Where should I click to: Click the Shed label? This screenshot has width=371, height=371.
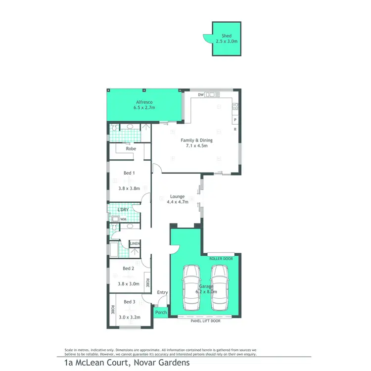point(227,36)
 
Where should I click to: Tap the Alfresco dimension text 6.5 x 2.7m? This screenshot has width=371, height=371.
point(144,107)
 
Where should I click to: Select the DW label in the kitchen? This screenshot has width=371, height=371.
point(200,94)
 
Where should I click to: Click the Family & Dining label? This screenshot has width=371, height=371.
point(196,140)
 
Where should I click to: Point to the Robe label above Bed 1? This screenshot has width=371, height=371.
point(131,148)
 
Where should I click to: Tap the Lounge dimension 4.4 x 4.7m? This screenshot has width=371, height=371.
point(178,201)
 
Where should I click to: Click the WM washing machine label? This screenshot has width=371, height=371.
point(123,219)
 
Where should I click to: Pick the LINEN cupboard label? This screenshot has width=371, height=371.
point(135,243)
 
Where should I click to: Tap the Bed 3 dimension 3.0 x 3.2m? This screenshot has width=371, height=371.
point(129,317)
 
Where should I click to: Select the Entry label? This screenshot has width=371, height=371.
point(162,292)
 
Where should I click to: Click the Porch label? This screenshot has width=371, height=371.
point(161,312)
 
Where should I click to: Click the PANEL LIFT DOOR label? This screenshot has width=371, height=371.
point(205,321)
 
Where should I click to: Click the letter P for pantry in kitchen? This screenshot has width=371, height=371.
point(235,120)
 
